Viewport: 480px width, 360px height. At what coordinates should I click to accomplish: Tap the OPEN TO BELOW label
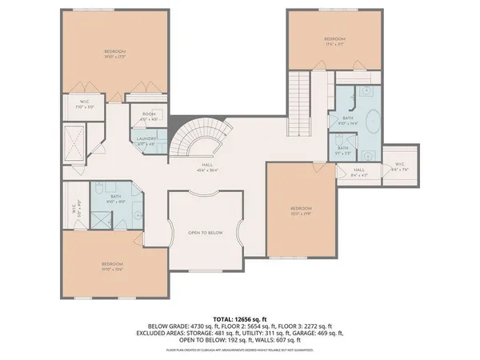(205, 232)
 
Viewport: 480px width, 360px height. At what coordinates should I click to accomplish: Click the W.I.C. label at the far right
(400, 168)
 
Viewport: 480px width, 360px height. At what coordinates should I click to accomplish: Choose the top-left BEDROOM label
(115, 54)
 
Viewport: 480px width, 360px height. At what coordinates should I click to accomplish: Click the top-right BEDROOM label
(334, 41)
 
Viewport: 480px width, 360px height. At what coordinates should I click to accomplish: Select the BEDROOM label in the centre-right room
(301, 210)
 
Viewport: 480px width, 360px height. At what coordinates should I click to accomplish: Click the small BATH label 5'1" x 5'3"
(342, 149)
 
